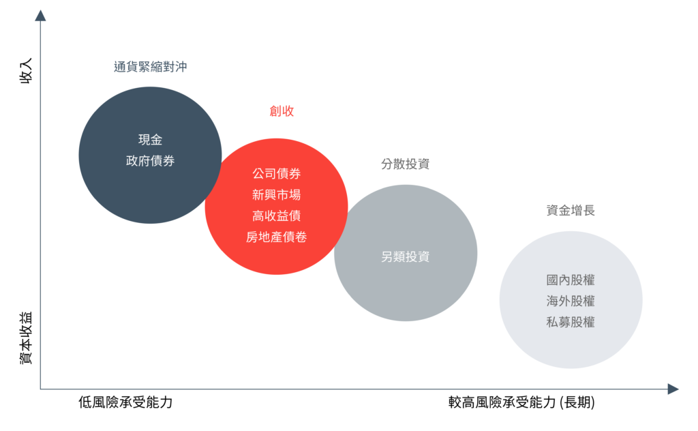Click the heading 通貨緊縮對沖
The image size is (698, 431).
150,67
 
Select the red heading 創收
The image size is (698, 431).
282,111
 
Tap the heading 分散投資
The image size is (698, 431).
405,164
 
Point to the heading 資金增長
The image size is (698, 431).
571,211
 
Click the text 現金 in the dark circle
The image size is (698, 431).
150,140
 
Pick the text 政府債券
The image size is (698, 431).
150,161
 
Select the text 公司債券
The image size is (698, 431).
276,173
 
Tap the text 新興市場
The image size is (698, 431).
276,194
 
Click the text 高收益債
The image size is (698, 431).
276,215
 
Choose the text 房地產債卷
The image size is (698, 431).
276,237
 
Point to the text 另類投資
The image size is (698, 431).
405,256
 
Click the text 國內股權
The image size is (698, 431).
571,280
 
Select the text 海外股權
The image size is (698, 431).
571,301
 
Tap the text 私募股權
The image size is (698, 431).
571,322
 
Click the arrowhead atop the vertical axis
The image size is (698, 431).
40,15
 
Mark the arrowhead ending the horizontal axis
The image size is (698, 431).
673,389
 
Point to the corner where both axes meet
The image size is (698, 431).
40,389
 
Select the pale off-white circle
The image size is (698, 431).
571,348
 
